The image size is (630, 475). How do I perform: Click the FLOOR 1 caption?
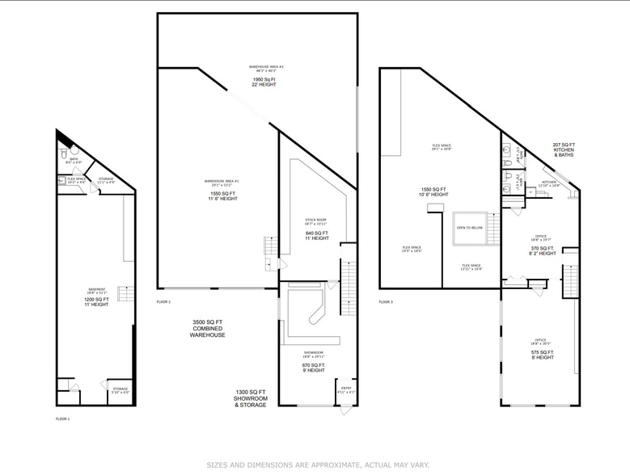click(62, 419)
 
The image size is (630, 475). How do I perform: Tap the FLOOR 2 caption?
click(164, 301)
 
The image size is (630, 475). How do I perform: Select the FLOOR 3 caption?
click(386, 301)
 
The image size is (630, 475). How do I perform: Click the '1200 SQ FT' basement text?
click(96, 299)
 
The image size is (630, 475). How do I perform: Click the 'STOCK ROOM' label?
click(315, 220)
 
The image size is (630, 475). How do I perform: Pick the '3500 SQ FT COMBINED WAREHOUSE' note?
click(208, 329)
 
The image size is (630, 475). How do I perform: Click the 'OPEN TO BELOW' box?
click(469, 228)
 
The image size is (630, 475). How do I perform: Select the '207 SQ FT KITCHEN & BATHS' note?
click(564, 149)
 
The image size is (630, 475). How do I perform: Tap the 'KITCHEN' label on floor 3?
click(549, 182)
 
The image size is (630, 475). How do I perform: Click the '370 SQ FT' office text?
click(542, 248)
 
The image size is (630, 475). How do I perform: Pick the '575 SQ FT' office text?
click(541, 352)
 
